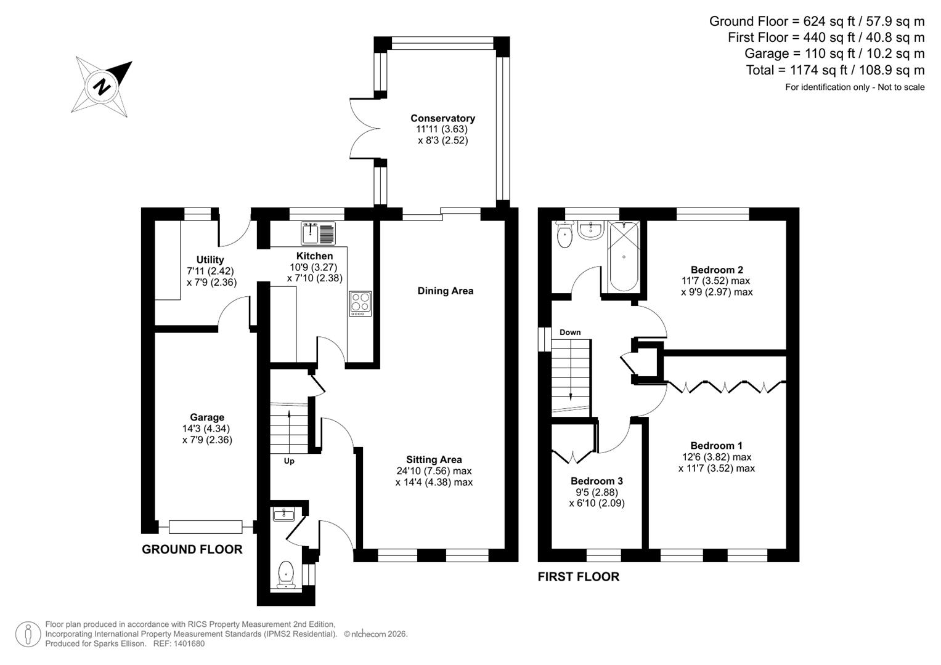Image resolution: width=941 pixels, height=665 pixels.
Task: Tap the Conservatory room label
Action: coord(442,118)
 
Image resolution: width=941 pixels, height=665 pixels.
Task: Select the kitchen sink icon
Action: coord(318,233)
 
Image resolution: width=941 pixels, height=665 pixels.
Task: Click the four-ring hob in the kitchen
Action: coord(361,303)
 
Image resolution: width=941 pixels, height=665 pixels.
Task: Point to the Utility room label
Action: coord(210,260)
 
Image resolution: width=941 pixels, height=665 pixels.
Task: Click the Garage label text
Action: coord(207,417)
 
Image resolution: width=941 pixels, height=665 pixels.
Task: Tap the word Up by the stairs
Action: coord(289,461)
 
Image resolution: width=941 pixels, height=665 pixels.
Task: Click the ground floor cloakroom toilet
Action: coord(286,573)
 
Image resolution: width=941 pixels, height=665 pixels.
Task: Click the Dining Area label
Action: coord(445,291)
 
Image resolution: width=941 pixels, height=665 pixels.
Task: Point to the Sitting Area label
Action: coord(434,459)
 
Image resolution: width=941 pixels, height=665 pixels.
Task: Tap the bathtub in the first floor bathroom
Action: coord(624,257)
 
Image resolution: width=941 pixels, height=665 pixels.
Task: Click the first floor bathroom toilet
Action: coord(564,235)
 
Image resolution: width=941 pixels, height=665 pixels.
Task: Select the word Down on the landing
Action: coord(570,332)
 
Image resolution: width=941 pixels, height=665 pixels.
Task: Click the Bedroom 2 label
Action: coord(717,270)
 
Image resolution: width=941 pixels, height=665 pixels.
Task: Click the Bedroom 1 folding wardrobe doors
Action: coord(726,387)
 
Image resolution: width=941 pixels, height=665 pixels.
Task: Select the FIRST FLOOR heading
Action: coord(578,577)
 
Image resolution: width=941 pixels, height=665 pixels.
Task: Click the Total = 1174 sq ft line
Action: coord(835,70)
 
